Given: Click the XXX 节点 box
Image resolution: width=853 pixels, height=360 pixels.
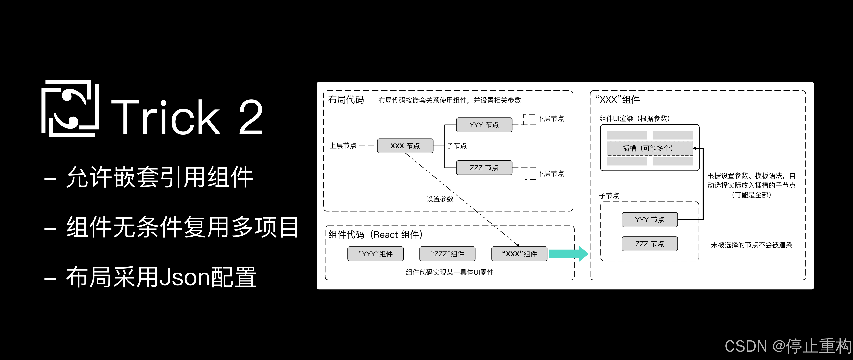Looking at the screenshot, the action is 405,146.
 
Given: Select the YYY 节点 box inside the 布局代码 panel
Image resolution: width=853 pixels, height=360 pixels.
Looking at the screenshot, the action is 484,125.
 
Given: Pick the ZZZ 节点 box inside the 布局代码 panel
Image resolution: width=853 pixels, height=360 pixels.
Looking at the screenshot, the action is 484,168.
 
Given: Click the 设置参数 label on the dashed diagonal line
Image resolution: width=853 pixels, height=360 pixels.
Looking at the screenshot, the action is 440,199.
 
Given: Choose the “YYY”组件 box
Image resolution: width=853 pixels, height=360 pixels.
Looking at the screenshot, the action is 376,254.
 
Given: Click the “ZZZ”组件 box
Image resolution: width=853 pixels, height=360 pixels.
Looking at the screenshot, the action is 447,254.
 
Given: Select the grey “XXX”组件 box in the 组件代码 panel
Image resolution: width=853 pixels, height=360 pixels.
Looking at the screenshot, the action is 519,254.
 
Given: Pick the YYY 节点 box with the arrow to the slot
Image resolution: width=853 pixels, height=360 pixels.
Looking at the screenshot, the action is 650,219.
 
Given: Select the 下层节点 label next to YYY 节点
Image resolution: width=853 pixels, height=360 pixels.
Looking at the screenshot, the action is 550,118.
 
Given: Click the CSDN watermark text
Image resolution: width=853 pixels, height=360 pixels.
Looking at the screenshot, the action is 788,346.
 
